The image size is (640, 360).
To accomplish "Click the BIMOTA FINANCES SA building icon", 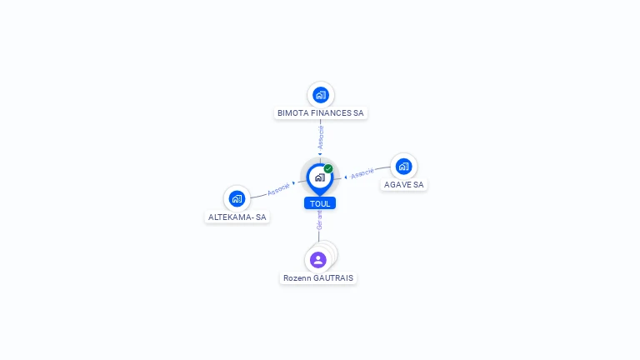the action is point(321,95).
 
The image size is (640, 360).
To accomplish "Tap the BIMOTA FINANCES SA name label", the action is point(320,113).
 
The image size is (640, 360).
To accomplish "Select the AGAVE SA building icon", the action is point(403,167).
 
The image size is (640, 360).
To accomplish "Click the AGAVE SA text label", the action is point(403,184).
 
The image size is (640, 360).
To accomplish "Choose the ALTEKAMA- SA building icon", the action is point(237,199).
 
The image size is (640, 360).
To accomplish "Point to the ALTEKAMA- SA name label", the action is point(237,217).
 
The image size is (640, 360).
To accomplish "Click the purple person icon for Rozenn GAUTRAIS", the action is point(318,260).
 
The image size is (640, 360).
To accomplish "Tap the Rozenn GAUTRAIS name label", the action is point(318,278).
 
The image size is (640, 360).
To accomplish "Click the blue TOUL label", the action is point(320,203).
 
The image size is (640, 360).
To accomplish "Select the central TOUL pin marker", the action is point(320,179).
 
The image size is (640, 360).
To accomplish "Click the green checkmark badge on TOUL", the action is point(328,168).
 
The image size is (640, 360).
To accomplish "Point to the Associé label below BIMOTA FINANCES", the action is point(321,137).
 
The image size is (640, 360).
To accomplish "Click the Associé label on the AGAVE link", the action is point(362,173).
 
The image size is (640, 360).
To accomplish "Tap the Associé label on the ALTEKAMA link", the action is point(278,189).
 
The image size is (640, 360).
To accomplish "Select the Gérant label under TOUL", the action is point(320,220).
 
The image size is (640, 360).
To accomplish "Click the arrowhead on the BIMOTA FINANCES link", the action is point(320,154).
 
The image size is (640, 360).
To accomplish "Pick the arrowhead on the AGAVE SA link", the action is point(346,177).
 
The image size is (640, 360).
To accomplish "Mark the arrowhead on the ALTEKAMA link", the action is point(293,183).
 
